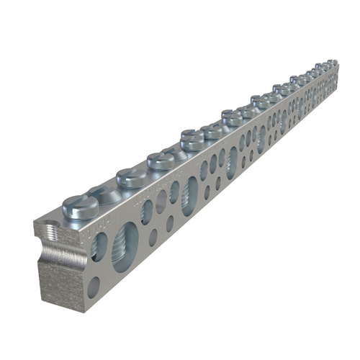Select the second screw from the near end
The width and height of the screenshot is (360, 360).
[132, 177]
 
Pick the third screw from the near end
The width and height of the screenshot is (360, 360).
[160, 161]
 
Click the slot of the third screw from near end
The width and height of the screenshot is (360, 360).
[160, 157]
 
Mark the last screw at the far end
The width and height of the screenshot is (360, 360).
[333, 63]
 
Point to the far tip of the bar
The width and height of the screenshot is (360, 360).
[338, 69]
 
